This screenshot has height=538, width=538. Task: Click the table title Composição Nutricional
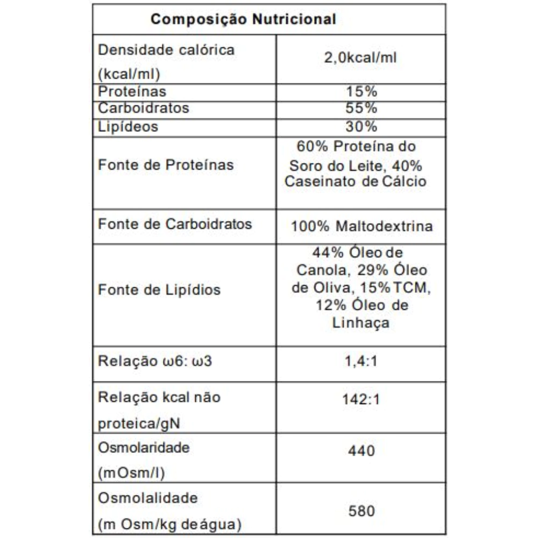click(x=243, y=20)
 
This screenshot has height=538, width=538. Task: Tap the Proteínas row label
click(x=132, y=92)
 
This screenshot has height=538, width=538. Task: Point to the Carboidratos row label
click(x=143, y=108)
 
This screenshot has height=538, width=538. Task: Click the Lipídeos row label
click(x=128, y=127)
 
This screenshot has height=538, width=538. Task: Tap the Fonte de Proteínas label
click(x=166, y=165)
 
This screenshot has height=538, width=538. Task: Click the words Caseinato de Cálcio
click(x=356, y=182)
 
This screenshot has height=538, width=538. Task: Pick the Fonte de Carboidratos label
click(x=175, y=224)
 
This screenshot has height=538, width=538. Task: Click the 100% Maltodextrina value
click(x=362, y=226)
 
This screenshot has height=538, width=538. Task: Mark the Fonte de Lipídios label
click(x=159, y=290)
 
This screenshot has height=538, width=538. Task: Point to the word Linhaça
click(x=362, y=323)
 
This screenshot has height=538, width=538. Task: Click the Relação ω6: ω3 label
click(x=155, y=361)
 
